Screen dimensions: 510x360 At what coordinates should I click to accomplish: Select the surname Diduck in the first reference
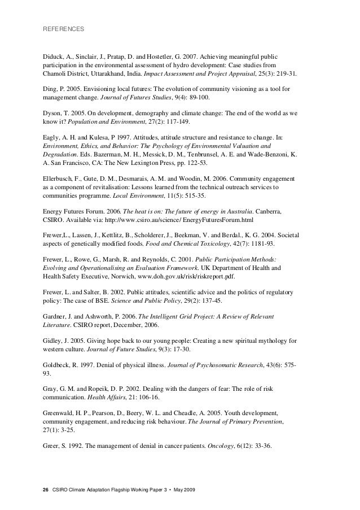point(54,57)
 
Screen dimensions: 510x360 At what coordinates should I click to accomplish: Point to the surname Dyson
point(52,112)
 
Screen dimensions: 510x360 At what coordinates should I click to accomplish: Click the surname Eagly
point(51,136)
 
